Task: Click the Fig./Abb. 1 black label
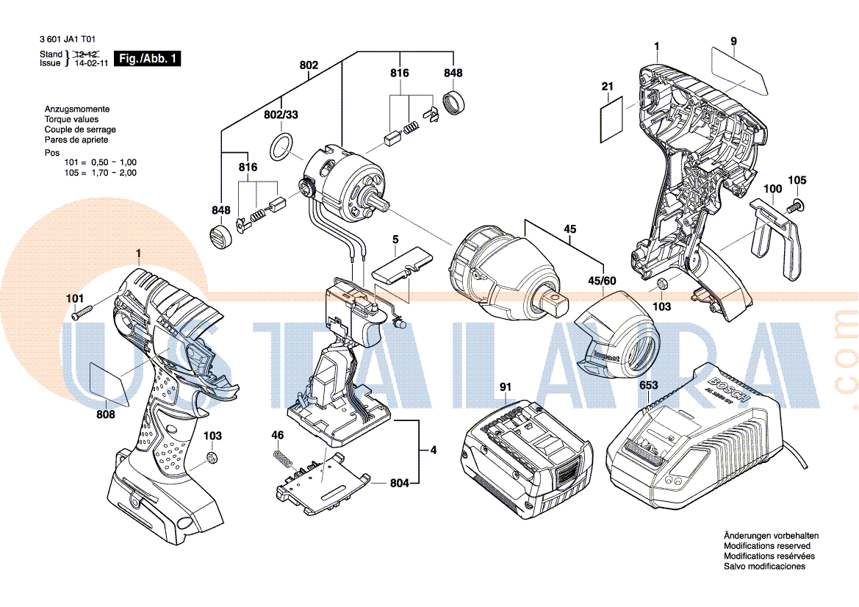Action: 147,59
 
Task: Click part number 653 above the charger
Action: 648,386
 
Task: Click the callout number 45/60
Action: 601,281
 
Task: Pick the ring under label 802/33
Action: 281,147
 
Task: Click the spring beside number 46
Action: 280,459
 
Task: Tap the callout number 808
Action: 106,415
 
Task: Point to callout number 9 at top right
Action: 733,41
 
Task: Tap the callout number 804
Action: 399,483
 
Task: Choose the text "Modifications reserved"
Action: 767,546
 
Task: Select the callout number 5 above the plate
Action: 395,240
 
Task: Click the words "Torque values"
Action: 71,119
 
